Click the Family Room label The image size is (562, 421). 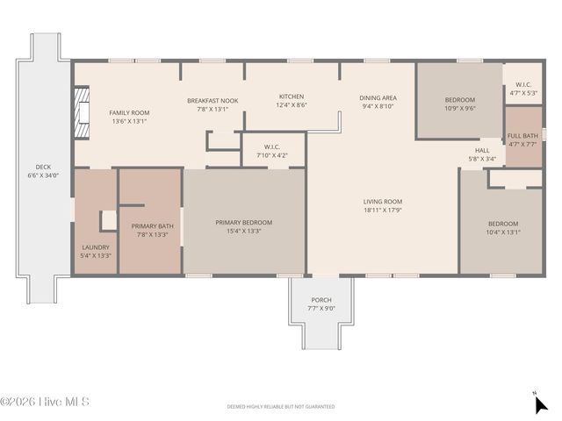tap(129, 113)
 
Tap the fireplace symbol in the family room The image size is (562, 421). tap(81, 112)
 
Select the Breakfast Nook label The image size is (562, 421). tap(213, 101)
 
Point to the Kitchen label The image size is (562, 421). tap(292, 96)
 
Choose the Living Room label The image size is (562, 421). tap(383, 202)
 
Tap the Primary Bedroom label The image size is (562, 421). tap(244, 223)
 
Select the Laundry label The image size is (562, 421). tap(96, 247)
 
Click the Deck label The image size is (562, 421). tap(43, 167)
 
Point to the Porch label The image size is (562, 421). tap(321, 300)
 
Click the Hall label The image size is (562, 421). tap(482, 150)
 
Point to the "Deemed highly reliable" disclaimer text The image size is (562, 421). tap(281, 407)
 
